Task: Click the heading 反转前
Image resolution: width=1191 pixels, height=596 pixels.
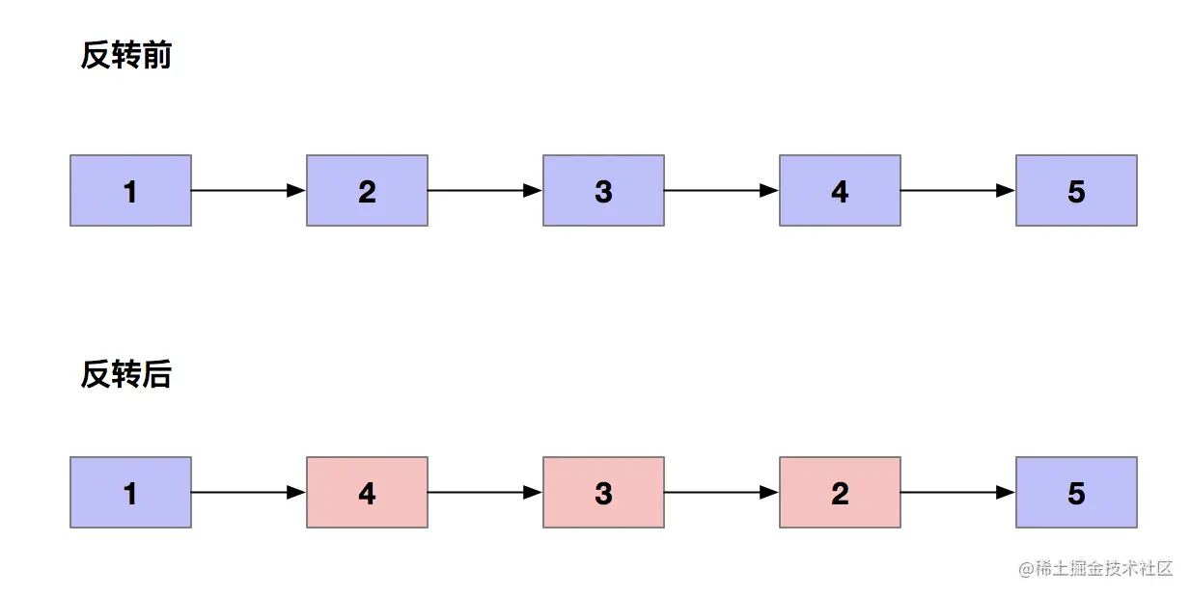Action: tap(125, 56)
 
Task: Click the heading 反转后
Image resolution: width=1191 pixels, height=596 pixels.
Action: tap(125, 374)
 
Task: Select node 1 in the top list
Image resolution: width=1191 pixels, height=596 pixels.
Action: tap(130, 191)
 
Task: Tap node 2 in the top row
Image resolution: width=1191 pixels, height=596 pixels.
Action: tap(367, 191)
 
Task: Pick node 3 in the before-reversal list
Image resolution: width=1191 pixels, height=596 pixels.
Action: tap(603, 191)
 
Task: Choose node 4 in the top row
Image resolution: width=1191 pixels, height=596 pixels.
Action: tap(840, 191)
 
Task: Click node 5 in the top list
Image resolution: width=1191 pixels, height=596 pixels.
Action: tap(1076, 191)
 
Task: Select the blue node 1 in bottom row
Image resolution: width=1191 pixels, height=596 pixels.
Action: tap(130, 493)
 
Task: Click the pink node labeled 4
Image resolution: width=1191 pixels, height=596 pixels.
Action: tap(367, 493)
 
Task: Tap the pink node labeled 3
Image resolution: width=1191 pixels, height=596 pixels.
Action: tap(603, 493)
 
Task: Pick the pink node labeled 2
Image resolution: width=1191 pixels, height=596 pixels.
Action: tap(840, 493)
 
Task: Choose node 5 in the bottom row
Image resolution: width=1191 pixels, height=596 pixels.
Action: tap(1076, 493)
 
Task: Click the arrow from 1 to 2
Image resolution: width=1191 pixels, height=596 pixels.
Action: tap(248, 191)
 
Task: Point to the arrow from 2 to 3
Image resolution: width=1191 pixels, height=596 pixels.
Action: tap(485, 191)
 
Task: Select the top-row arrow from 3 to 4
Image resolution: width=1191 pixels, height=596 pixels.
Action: tap(721, 191)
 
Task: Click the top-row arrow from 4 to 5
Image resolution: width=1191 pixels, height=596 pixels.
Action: tap(957, 191)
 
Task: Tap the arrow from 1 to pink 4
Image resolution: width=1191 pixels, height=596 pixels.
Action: tap(248, 493)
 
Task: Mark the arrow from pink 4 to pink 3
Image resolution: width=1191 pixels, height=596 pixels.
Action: tap(485, 493)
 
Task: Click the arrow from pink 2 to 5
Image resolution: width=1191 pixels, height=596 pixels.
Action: tap(957, 493)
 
